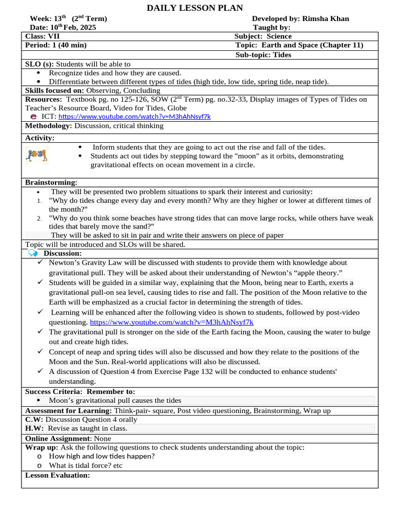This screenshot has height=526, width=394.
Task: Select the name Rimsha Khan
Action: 326,18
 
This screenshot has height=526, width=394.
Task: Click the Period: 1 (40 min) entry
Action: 56,45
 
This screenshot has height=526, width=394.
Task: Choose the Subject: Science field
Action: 263,36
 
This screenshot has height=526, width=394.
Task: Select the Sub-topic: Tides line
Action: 263,55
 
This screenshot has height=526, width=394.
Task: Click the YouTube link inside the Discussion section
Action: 171,322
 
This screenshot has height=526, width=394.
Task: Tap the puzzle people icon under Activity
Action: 36,155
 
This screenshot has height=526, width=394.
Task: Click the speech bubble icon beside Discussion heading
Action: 33,253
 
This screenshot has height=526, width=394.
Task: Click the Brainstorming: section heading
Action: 51,182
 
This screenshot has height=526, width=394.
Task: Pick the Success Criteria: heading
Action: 55,391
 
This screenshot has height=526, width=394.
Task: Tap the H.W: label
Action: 34,428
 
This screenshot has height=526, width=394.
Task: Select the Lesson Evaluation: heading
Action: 57,475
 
